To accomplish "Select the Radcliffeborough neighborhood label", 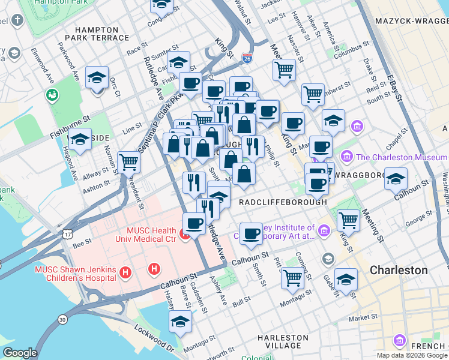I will point(283,202).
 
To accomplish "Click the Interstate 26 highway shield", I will point(247,58).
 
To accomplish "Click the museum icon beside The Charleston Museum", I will point(346,157).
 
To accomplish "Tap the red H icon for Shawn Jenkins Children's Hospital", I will point(125,273).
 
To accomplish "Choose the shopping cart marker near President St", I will point(129,161).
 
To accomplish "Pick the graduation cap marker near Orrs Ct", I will point(97,77).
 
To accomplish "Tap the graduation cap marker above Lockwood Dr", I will point(180,322).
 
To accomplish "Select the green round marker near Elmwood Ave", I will point(52,95).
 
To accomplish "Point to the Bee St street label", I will point(82,242).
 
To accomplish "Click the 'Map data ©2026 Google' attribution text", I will point(412,355).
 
